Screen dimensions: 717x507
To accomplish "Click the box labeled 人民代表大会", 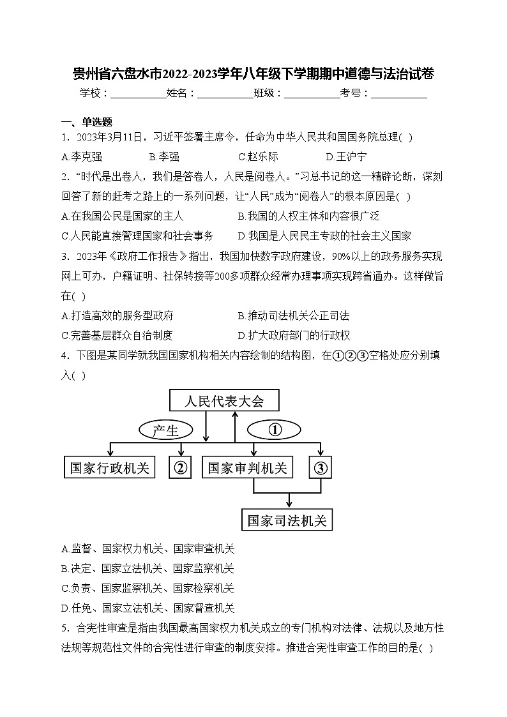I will [x=223, y=402].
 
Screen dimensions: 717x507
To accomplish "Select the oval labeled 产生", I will [x=165, y=431].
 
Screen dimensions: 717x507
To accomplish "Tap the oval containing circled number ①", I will [x=275, y=430].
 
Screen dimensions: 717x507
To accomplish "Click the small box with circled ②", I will [x=180, y=468].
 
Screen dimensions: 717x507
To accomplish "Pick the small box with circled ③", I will [x=321, y=468].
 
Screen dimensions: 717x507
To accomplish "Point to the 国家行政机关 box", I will [x=110, y=468].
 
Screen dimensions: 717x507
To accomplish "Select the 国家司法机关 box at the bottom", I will [x=287, y=520].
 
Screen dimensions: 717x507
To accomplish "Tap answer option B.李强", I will [x=164, y=156].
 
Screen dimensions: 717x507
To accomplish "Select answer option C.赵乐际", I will [x=258, y=156].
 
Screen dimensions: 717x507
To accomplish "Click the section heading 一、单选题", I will [x=86, y=123].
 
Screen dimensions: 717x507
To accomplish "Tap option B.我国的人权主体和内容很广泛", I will [x=308, y=216].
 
